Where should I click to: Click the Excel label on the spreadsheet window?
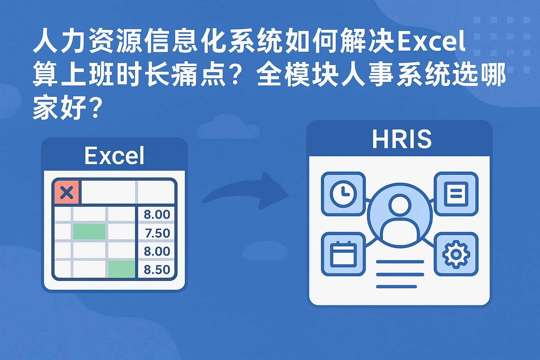click(x=114, y=155)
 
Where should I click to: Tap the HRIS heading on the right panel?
click(x=401, y=139)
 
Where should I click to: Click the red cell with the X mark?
click(x=67, y=192)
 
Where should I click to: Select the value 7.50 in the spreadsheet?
click(x=157, y=233)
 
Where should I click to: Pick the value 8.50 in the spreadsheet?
click(x=157, y=270)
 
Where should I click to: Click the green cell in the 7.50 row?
click(x=89, y=231)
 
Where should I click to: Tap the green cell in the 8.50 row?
click(x=122, y=269)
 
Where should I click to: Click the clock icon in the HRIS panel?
click(x=343, y=194)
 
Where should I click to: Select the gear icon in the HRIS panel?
click(x=456, y=254)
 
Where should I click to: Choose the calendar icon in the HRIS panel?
click(x=343, y=254)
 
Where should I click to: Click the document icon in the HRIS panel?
click(x=456, y=194)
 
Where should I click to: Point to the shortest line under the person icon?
click(x=397, y=287)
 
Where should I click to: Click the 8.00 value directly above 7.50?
click(x=157, y=214)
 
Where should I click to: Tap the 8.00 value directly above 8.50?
click(x=157, y=251)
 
